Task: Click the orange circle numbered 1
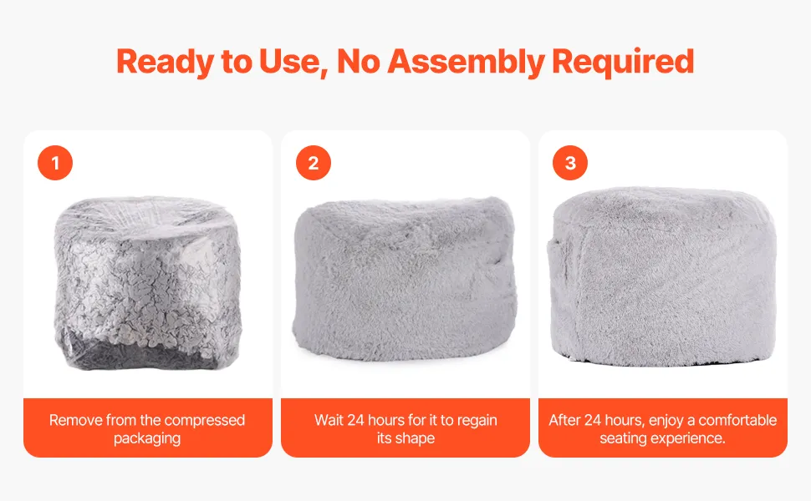click(x=55, y=163)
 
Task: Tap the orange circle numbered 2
click(x=314, y=163)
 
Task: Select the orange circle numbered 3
click(x=570, y=163)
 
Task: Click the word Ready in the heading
click(x=165, y=63)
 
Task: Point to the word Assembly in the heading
click(x=466, y=63)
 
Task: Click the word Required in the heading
click(x=623, y=63)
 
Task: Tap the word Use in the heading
click(x=293, y=62)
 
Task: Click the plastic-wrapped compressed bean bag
click(x=147, y=282)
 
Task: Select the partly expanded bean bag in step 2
click(x=405, y=279)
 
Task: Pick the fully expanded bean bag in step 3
click(x=662, y=277)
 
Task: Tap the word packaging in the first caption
click(x=147, y=438)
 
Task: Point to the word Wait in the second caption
click(x=329, y=420)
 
